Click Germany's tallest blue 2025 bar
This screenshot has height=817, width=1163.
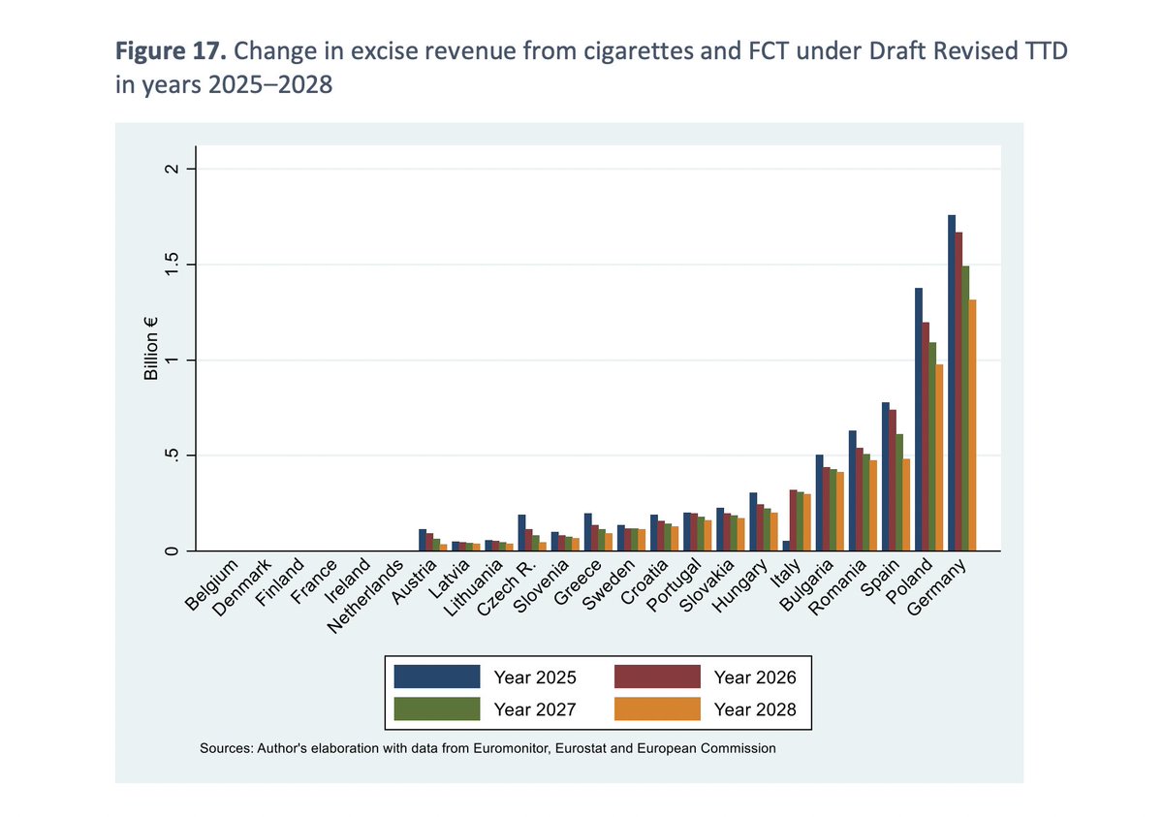click(x=952, y=383)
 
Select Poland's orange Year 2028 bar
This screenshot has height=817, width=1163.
click(x=939, y=457)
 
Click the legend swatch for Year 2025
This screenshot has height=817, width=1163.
click(x=437, y=676)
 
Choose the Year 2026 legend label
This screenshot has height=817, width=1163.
click(x=755, y=676)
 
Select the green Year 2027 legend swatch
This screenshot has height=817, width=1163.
click(x=437, y=709)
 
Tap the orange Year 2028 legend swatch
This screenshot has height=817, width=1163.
click(x=657, y=709)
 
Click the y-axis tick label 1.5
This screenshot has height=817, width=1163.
click(x=173, y=266)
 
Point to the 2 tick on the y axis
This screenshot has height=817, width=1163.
click(x=173, y=171)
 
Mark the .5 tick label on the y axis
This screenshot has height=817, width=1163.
click(x=173, y=456)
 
